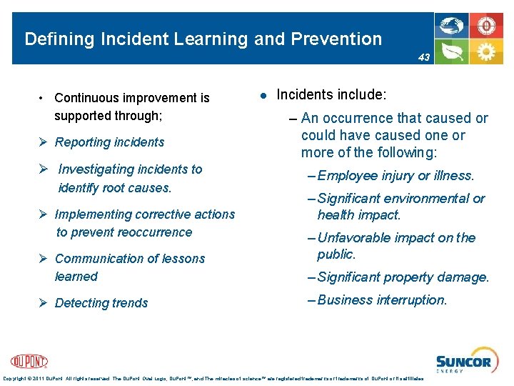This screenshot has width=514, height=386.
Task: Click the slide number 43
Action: pyautogui.click(x=424, y=57)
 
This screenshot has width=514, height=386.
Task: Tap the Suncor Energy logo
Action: pyautogui.click(x=463, y=362)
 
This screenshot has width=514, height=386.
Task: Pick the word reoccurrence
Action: pyautogui.click(x=156, y=232)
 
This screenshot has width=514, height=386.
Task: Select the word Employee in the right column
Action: pyautogui.click(x=348, y=176)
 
